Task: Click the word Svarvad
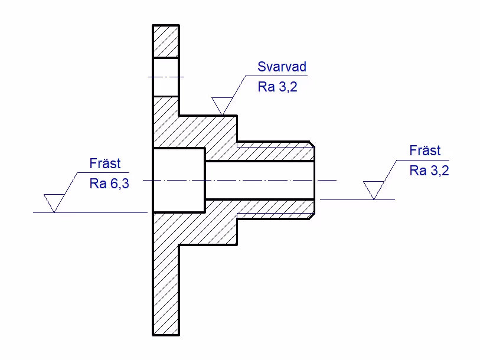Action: tap(282, 67)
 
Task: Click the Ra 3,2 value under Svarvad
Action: tap(275, 87)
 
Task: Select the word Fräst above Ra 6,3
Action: tap(105, 163)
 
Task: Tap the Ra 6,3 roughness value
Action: tap(109, 184)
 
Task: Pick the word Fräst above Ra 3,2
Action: tap(425, 151)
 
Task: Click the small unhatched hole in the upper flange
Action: tap(166, 77)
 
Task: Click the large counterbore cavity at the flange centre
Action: tap(179, 180)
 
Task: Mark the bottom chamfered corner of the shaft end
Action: tap(311, 217)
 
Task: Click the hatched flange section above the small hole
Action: tap(166, 41)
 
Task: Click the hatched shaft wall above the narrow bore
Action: tap(260, 152)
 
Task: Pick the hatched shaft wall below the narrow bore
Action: tap(260, 208)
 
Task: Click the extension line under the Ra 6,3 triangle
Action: tap(89, 212)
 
